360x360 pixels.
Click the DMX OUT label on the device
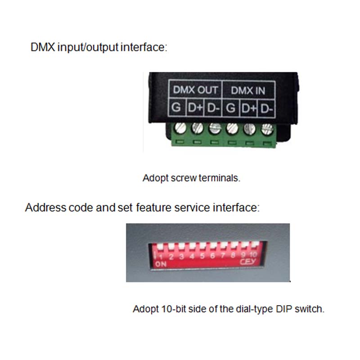coord(195,90)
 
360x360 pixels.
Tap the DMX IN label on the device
coord(248,90)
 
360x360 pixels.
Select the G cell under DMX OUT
coord(176,107)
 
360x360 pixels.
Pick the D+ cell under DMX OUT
coord(195,108)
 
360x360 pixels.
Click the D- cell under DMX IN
coord(266,108)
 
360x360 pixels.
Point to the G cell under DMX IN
coord(231,108)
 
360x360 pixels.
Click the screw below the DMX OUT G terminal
coord(180,128)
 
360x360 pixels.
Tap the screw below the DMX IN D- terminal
coord(267,129)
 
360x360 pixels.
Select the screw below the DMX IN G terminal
coord(232,129)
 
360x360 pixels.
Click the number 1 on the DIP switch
coord(161,257)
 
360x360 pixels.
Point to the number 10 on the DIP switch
coord(253,254)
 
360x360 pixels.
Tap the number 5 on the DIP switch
coord(202,256)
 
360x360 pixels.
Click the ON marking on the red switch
coord(161,264)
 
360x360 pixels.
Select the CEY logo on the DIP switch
coord(248,261)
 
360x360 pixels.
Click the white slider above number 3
coord(182,246)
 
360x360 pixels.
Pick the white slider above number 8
coord(234,245)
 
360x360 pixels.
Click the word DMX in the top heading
coord(43,47)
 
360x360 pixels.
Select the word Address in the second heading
coord(46,207)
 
